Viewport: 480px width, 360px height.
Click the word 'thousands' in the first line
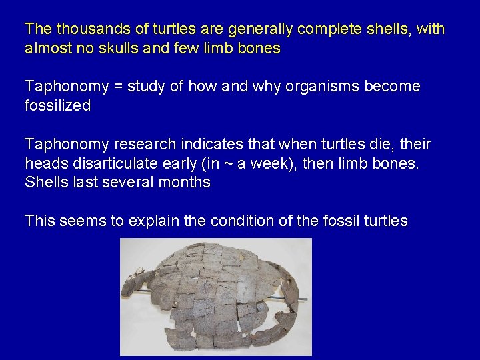pos(86,29)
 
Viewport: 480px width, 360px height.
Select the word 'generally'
pos(257,29)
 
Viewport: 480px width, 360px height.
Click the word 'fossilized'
pos(57,106)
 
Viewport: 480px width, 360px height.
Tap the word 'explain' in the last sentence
pos(149,221)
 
